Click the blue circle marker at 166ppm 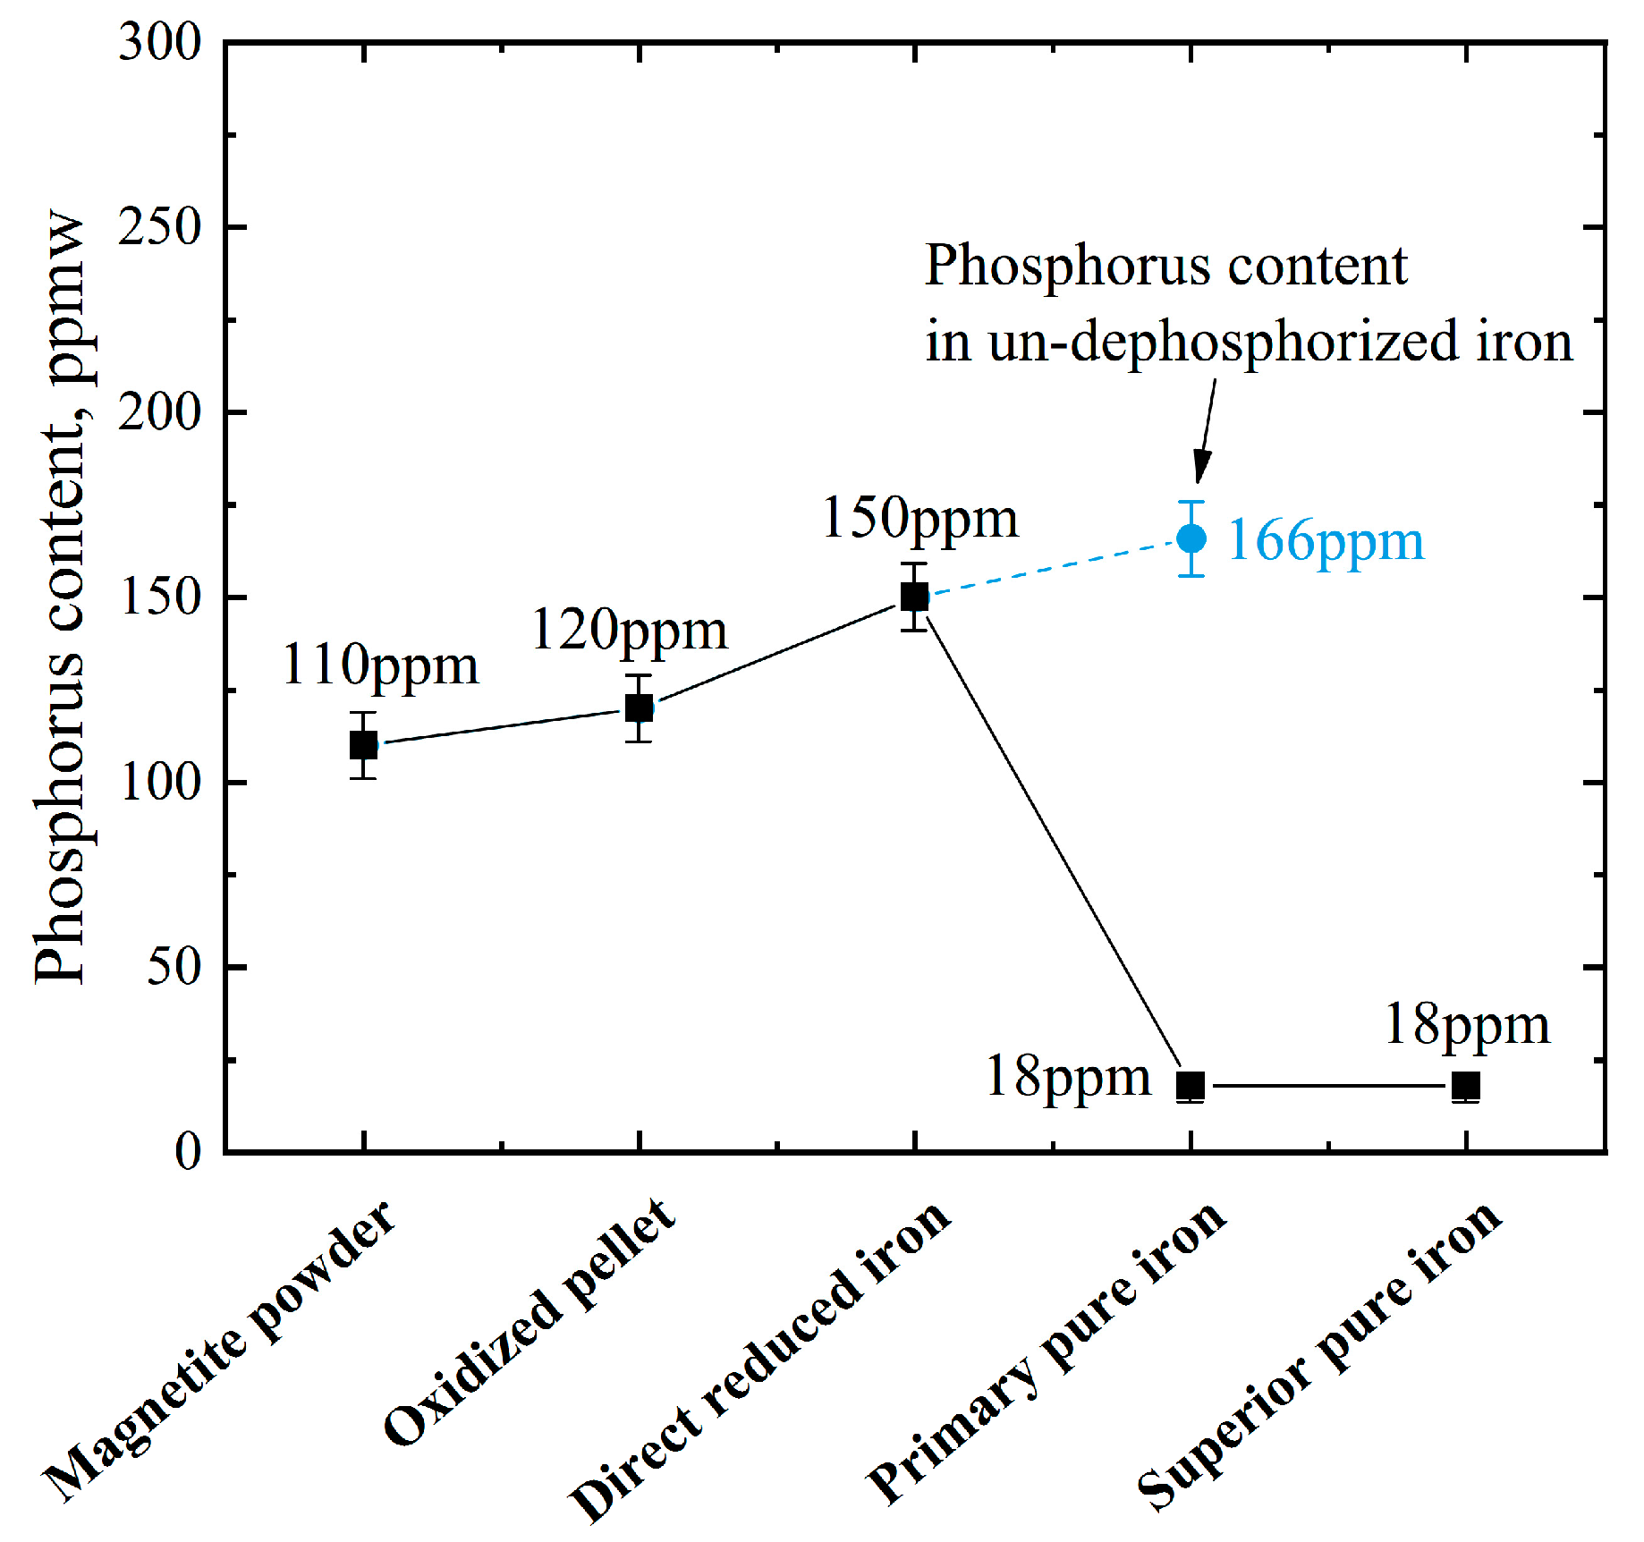[1191, 538]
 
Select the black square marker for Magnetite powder [363, 744]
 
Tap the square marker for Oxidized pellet [639, 707]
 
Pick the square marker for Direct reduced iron [914, 596]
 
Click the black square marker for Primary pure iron [1191, 1085]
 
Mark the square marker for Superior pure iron [1465, 1085]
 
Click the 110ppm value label [380, 665]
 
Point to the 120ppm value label [630, 630]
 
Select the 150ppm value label [919, 518]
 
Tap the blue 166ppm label [1326, 540]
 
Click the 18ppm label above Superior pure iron [1467, 1025]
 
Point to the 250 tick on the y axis [160, 227]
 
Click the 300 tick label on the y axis [160, 42]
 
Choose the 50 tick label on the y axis [174, 967]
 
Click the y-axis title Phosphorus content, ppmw [61, 597]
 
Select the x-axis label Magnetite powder [219, 1351]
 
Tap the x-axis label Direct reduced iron [760, 1360]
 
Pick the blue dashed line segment [1052, 567]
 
